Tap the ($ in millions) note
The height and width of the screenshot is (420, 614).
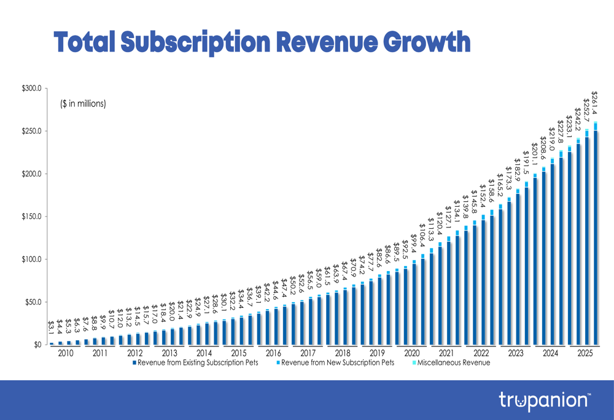pos(83,104)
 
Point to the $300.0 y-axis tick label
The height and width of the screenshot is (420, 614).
pos(30,88)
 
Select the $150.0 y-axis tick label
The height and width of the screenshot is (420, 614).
pos(30,216)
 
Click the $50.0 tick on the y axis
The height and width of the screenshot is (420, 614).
pos(32,302)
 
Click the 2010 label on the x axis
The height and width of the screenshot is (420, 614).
pos(65,353)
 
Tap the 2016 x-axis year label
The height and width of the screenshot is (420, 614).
pos(273,353)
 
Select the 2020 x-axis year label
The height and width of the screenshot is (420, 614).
pos(411,353)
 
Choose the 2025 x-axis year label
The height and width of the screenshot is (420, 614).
pos(585,353)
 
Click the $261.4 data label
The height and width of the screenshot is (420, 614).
pos(594,103)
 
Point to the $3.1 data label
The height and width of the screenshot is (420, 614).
pos(51,328)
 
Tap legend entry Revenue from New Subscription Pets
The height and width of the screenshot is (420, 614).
pos(338,363)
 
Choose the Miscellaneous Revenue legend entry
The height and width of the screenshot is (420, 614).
pos(453,363)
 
